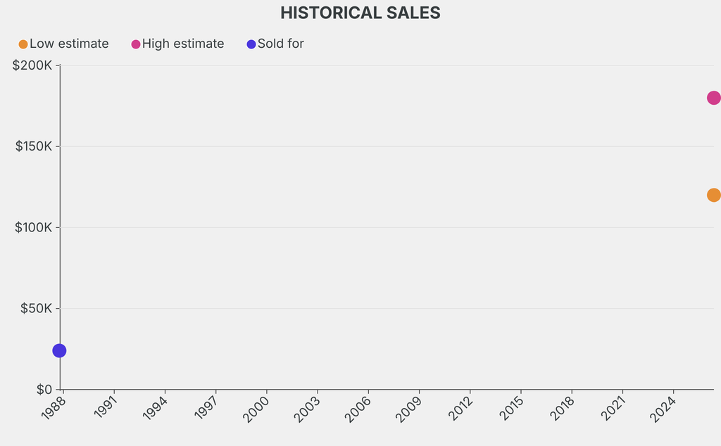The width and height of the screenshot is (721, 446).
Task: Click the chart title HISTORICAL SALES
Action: (x=360, y=13)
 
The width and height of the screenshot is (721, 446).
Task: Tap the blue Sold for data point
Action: (x=59, y=350)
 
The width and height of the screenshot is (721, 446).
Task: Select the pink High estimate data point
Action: (x=714, y=98)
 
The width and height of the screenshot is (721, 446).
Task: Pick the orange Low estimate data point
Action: (x=714, y=195)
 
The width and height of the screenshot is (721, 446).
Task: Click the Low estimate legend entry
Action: (x=63, y=44)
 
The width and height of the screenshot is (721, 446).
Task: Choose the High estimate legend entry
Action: (x=177, y=44)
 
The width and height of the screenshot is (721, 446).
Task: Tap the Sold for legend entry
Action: (x=275, y=44)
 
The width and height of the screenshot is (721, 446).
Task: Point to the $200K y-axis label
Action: (x=32, y=65)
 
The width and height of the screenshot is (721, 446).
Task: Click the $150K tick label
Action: (x=34, y=146)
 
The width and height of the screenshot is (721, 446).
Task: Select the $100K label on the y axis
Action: (x=34, y=227)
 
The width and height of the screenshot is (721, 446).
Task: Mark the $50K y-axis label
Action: (x=37, y=308)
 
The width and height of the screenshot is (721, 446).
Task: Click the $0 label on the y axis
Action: (x=44, y=390)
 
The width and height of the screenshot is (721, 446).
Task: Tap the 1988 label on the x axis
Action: (x=54, y=407)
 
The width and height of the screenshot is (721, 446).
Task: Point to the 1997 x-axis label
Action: (x=206, y=407)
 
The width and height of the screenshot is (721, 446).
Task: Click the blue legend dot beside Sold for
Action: (x=251, y=44)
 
